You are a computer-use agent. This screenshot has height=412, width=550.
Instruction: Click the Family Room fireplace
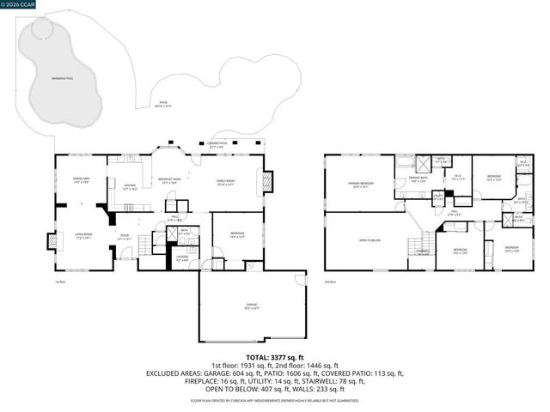tap(267, 181)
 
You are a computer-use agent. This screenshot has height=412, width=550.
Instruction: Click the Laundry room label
tap(183, 257)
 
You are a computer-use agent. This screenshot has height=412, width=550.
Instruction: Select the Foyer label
tap(124, 239)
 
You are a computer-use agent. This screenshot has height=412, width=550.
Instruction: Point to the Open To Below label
tap(370, 240)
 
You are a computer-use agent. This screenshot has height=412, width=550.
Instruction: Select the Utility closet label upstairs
tap(437, 197)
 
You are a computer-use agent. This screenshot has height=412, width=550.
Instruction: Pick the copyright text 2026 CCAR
tap(18, 4)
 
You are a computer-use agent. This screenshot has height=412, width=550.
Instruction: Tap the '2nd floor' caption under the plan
tap(331, 280)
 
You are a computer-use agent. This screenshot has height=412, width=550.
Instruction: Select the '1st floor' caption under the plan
tap(60, 280)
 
